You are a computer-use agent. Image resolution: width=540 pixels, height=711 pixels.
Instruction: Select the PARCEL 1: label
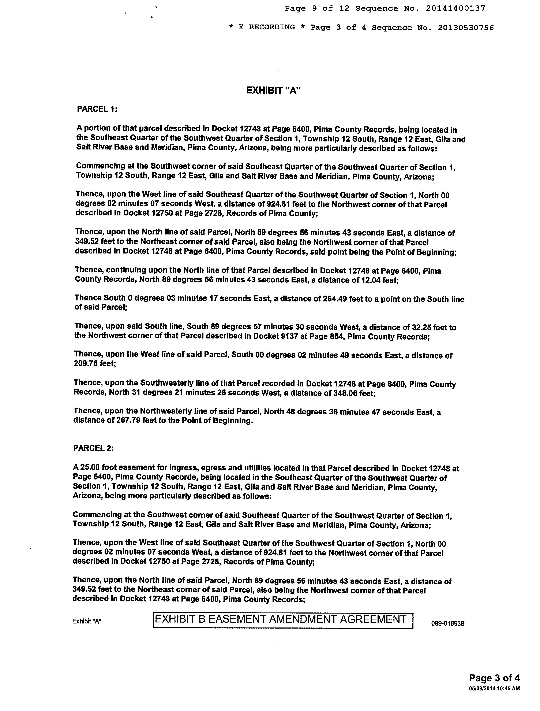tap(97, 109)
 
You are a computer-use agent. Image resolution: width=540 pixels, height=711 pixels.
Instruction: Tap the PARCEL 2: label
tap(93, 448)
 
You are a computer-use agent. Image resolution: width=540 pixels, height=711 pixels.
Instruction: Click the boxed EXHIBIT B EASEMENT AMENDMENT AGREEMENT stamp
tap(283, 619)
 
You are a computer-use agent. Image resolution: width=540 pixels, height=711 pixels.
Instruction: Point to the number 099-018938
tap(447, 623)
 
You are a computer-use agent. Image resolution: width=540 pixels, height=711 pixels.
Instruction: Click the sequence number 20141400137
tap(455, 9)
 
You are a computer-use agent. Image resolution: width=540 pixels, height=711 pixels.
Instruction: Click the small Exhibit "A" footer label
tap(87, 622)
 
